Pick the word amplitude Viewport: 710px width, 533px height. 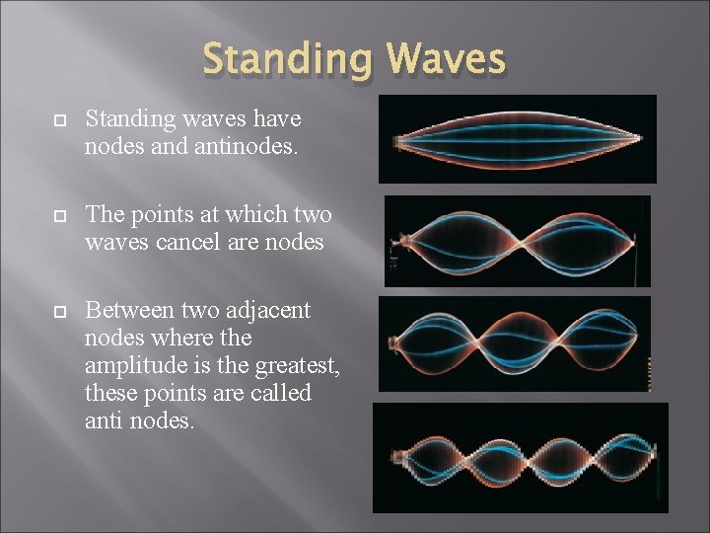tap(137, 365)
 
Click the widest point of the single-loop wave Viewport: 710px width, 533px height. tap(517, 139)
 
